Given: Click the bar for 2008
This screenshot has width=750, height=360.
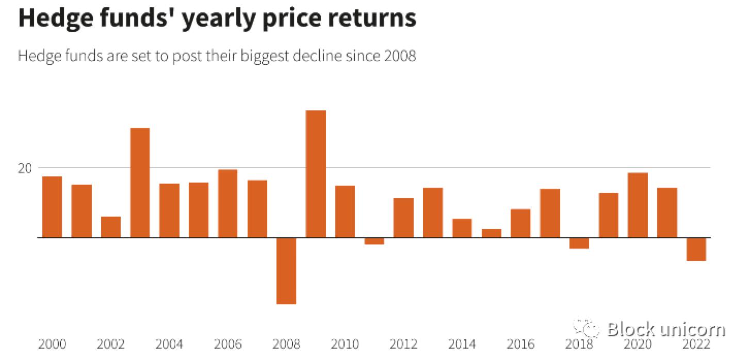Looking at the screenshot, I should tap(286, 271).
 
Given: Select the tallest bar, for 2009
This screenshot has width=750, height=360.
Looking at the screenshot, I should tap(316, 174).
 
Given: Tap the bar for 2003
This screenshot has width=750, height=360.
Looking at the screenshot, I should tap(140, 183).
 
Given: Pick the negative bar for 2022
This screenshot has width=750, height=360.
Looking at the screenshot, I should tap(696, 249).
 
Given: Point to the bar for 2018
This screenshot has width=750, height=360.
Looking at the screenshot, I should tap(579, 243).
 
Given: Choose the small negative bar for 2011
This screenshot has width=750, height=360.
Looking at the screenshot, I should tap(374, 241).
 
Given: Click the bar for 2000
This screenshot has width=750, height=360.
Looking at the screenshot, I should tap(52, 207).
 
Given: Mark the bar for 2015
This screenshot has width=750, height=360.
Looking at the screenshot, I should tap(491, 233).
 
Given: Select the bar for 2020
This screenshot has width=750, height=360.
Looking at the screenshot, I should tap(638, 205).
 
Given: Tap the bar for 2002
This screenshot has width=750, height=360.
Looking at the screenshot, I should tap(110, 227).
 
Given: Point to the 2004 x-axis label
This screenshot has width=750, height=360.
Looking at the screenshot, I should tap(169, 344).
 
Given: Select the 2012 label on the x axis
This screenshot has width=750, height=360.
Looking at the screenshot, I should tap(403, 344).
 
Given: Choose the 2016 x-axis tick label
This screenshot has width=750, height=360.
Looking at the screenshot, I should tap(520, 344).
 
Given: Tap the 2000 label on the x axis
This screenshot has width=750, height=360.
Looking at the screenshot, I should tap(52, 344).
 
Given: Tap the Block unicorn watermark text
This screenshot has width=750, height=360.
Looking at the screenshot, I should tap(665, 329).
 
